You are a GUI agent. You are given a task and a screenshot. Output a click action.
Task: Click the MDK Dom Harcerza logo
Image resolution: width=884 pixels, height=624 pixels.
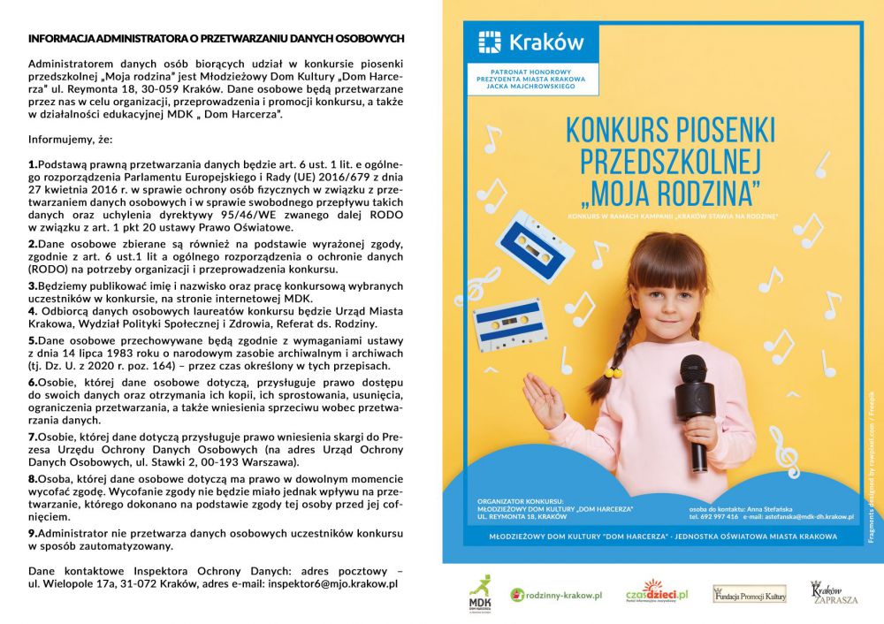point(481,594)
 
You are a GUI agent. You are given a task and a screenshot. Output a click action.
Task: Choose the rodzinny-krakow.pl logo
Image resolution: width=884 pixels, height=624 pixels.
point(556,596)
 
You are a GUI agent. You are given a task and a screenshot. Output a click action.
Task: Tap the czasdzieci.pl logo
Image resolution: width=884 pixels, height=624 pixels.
point(656,593)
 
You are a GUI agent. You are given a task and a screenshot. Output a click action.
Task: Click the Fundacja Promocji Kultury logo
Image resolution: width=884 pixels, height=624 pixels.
point(749,594)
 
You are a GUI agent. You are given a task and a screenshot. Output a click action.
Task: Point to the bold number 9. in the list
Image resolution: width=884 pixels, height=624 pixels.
point(33,533)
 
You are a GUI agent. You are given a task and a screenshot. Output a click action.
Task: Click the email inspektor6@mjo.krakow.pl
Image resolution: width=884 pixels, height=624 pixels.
point(339,583)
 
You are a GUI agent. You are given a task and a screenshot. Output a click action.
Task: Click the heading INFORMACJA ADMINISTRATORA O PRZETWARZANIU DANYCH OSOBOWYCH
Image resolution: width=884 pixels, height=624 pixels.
point(217,39)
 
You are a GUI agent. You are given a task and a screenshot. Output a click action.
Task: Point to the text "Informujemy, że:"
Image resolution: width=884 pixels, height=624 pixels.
point(71,140)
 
